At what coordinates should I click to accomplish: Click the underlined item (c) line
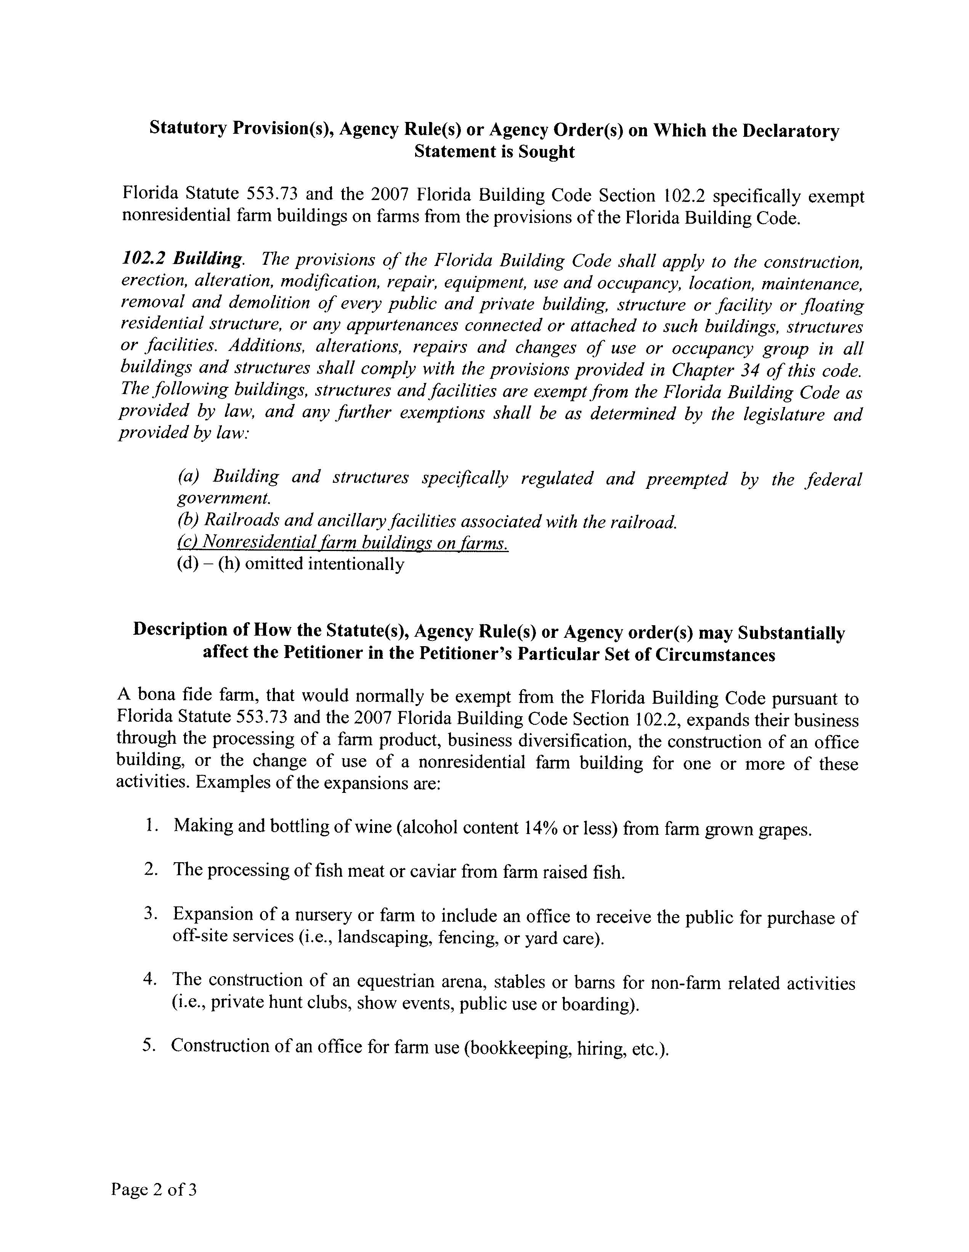pos(342,542)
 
